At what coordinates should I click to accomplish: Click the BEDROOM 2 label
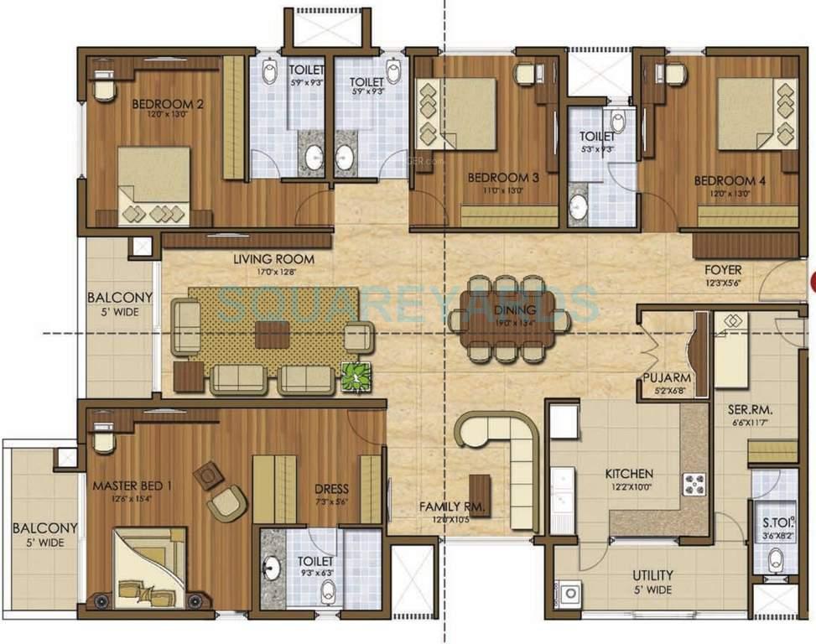coord(168,105)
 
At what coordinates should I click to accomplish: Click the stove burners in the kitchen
coord(694,484)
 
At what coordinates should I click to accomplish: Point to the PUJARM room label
coord(667,378)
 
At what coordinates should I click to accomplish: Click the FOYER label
coord(722,270)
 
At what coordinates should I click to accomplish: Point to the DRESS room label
coord(331,489)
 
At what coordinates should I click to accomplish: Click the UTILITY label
coord(652,575)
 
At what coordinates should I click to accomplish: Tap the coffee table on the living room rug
coord(273,334)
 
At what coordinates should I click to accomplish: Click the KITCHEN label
coord(629,474)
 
